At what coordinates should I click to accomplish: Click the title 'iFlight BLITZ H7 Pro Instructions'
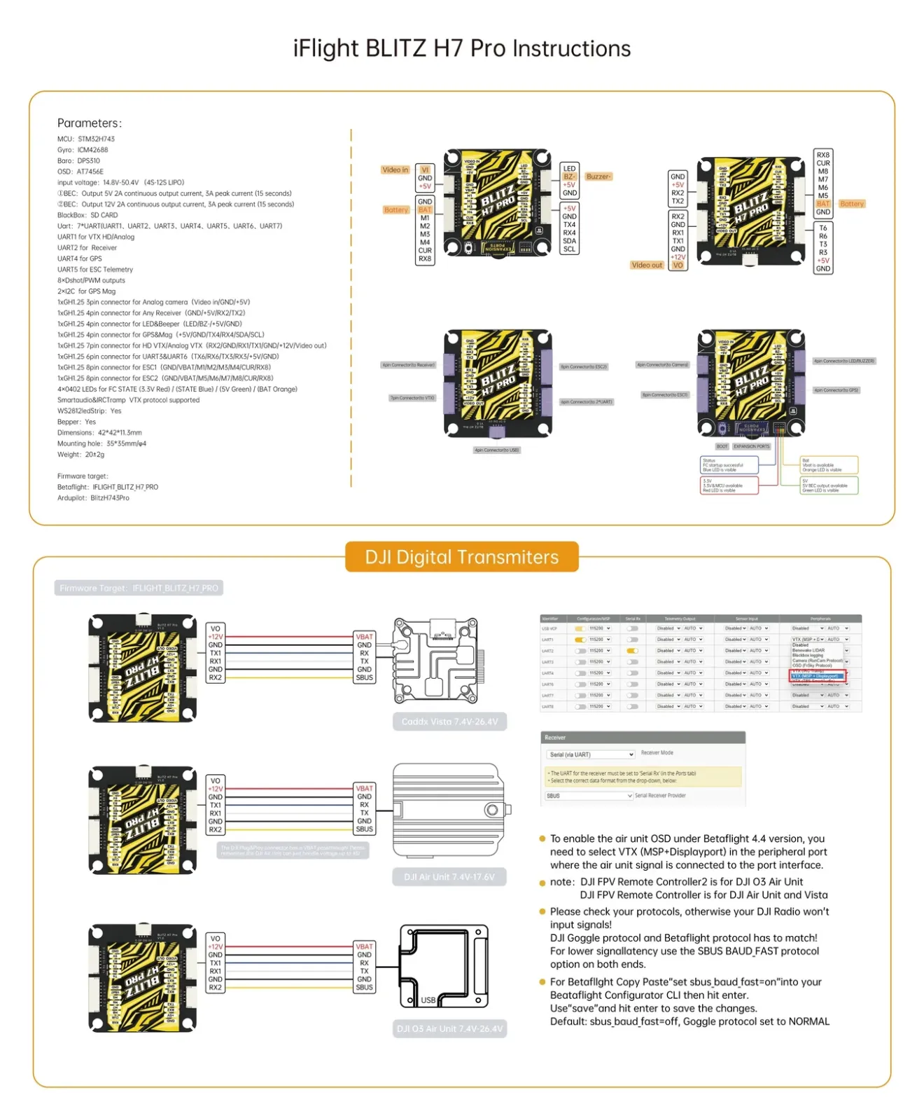click(461, 48)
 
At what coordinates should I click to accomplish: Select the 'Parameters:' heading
click(89, 123)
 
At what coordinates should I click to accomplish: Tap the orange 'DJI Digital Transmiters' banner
click(461, 557)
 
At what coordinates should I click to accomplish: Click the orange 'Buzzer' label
click(598, 177)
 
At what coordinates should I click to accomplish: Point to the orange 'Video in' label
click(395, 170)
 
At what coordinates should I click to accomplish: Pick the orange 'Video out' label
click(646, 265)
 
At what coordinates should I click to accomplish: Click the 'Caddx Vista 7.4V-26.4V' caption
click(449, 722)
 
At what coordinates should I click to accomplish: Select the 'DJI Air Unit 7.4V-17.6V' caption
click(449, 877)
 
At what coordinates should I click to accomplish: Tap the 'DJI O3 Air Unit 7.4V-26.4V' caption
click(449, 1029)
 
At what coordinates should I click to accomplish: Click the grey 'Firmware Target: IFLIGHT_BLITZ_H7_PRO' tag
click(139, 588)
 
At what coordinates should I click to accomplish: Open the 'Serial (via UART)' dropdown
click(591, 754)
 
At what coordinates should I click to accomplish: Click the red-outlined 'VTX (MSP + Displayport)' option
click(817, 676)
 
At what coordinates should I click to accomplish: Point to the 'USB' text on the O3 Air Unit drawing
click(428, 1000)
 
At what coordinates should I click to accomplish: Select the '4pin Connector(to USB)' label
click(496, 450)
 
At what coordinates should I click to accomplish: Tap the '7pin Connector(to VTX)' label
click(412, 398)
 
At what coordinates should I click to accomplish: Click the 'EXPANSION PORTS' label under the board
click(751, 446)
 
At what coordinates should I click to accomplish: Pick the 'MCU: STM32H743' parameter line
click(86, 139)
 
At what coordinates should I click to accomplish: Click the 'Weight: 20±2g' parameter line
click(80, 455)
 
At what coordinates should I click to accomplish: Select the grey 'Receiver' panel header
click(642, 738)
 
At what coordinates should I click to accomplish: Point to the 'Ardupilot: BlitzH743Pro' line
click(93, 498)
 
